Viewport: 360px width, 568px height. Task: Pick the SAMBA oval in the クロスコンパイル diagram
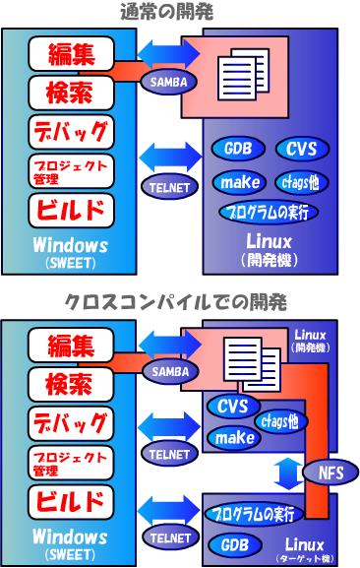click(x=168, y=371)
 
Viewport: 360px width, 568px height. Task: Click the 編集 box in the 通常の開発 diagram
click(x=72, y=54)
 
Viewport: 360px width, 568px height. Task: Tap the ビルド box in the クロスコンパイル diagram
click(x=72, y=499)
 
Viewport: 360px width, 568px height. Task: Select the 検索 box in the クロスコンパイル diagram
click(x=72, y=384)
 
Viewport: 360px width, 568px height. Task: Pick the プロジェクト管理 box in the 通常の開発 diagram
click(x=72, y=170)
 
